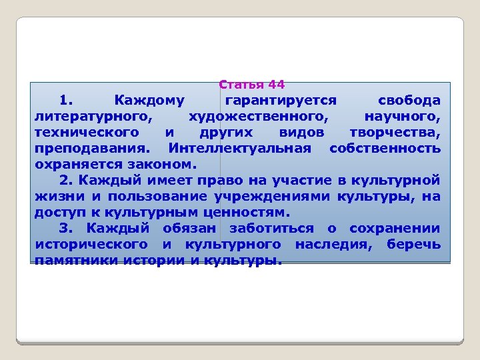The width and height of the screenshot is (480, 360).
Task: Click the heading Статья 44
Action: [252, 85]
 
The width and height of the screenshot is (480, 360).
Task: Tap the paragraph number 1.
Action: [65, 101]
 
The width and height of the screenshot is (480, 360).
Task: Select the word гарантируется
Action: [280, 101]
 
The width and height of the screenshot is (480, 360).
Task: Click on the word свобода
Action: [409, 101]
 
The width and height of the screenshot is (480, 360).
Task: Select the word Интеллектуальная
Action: [240, 148]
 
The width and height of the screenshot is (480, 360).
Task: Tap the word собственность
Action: [385, 148]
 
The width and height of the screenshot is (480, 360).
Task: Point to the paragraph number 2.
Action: [65, 180]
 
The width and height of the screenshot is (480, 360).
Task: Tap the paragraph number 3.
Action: [65, 228]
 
